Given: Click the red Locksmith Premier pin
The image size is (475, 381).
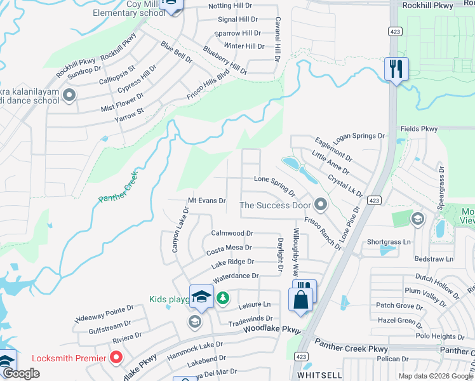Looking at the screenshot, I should click(x=116, y=358).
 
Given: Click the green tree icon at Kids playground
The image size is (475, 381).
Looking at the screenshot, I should click(x=222, y=298).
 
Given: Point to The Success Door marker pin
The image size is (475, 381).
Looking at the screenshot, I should click(x=321, y=204).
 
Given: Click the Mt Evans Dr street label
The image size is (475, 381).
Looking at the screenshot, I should click(x=205, y=201).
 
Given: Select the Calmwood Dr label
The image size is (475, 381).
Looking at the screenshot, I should click(x=232, y=233).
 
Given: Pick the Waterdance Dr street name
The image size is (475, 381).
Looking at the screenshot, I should click(x=236, y=276).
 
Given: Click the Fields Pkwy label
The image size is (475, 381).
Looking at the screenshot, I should click(x=419, y=129).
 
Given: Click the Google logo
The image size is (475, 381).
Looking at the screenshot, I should click(x=21, y=374).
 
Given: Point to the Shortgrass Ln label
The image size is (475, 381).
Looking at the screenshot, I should click(x=389, y=242).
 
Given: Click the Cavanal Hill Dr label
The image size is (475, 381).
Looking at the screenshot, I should click(x=278, y=39).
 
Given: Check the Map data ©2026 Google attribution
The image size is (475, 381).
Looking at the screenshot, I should click(x=436, y=376).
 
